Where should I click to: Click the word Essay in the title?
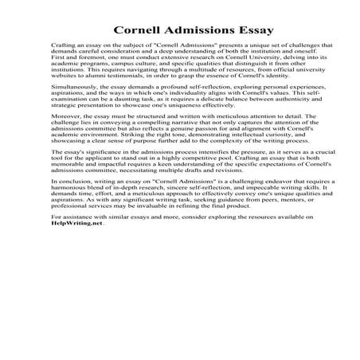(x=247, y=31)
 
